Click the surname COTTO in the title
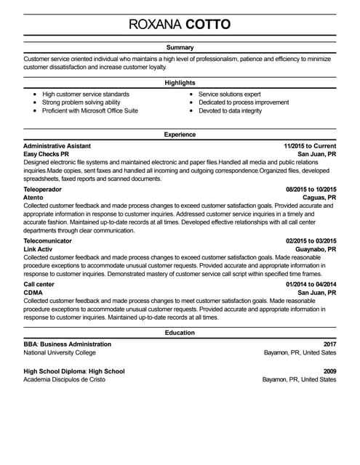[209, 24]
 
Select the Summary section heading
[180, 47]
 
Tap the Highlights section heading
[180, 83]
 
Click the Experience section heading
[180, 134]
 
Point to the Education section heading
[180, 333]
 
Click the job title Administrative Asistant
[57, 146]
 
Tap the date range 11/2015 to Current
[310, 146]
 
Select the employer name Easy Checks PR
[46, 155]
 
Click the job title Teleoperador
[43, 189]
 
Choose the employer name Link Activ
[39, 249]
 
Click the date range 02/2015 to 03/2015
[311, 240]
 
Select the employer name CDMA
[33, 292]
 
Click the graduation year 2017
[329, 344]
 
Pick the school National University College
[60, 353]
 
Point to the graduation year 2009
[329, 371]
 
